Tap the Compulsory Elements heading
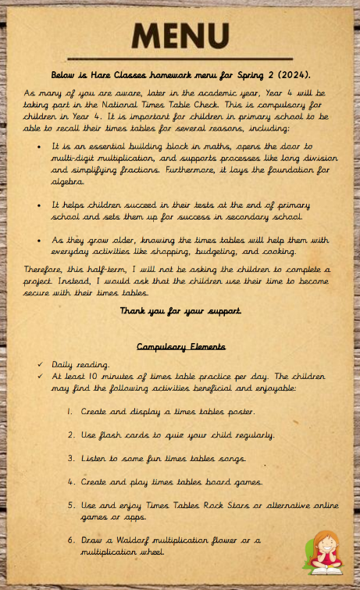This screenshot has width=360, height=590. [181, 345]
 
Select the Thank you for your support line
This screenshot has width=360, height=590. [180, 311]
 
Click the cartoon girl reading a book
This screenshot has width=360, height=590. [322, 551]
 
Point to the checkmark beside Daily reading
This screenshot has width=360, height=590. [40, 365]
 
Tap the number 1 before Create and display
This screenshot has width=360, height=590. [70, 410]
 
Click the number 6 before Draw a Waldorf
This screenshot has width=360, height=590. [70, 540]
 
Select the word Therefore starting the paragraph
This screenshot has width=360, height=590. [46, 268]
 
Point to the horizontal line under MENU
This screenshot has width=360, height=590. [180, 59]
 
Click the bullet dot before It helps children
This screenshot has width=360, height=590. [40, 204]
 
